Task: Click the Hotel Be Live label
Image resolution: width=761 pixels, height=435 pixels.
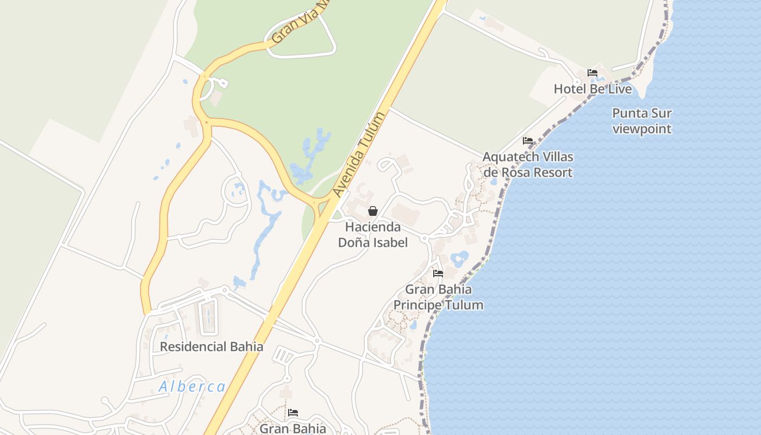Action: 592,89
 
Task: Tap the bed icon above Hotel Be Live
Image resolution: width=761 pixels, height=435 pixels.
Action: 592,73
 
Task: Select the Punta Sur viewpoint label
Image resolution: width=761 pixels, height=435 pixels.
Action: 641,121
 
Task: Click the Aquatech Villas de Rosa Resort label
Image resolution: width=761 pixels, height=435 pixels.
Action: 527,165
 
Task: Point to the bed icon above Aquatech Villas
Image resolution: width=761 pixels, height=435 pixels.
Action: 527,141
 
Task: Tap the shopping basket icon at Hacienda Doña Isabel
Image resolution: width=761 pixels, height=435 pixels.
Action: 373,211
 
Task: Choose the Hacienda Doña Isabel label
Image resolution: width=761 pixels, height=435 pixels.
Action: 373,234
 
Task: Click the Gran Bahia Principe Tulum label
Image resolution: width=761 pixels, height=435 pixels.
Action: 438,297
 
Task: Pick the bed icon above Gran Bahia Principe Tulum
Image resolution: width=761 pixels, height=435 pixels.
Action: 438,274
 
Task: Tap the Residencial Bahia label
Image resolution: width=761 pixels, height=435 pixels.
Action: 211,346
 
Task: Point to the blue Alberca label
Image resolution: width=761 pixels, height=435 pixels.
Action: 192,387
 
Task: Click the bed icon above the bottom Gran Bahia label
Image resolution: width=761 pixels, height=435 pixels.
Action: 293,413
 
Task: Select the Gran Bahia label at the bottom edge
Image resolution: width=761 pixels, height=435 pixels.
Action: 293,428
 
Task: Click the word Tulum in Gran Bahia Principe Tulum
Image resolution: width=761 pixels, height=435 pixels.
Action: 464,304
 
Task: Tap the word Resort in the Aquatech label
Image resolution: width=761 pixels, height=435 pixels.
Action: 551,172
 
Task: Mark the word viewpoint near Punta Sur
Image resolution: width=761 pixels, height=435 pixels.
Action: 641,129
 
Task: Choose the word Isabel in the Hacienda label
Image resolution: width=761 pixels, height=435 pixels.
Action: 389,242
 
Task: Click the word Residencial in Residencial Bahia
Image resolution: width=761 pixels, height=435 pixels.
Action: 193,346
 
